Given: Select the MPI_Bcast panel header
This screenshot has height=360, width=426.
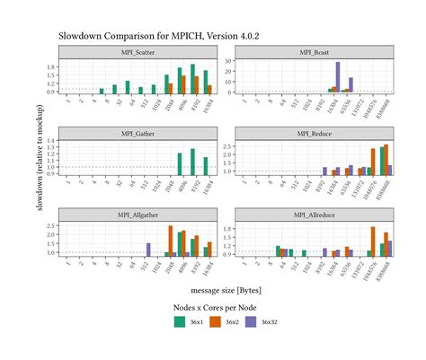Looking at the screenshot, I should tap(315, 53).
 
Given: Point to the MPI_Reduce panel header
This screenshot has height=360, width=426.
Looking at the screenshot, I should tap(315, 134).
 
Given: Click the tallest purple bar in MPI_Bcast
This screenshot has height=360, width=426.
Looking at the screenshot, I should tap(338, 78).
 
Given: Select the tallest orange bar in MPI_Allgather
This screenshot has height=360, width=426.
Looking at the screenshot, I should tap(171, 241).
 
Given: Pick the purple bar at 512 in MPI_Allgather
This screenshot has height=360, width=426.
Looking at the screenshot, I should tap(148, 250).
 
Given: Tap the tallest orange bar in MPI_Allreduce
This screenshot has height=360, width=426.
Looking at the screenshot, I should tap(372, 241).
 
